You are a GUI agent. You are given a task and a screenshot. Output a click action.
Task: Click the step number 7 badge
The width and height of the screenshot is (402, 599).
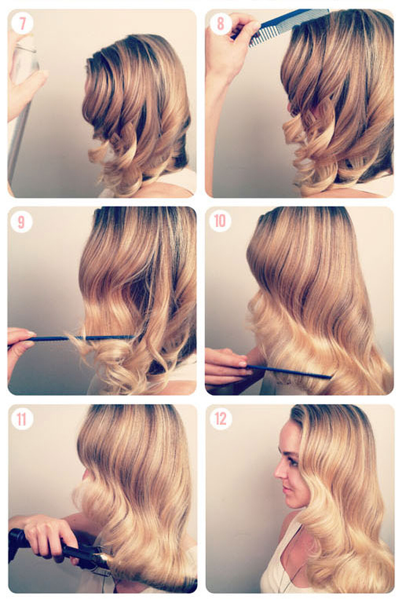coord(22,24)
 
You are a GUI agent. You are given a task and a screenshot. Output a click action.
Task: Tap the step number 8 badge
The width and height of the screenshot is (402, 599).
coord(220,24)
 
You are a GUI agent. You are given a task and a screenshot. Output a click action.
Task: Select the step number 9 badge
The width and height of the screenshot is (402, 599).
coord(21,222)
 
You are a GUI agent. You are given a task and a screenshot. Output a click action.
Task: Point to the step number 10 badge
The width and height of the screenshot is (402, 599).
coord(220,221)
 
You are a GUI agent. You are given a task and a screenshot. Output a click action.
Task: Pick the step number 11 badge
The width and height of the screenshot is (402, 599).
coord(22,419)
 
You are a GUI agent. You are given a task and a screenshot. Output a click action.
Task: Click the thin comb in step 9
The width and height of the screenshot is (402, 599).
coord(84,338)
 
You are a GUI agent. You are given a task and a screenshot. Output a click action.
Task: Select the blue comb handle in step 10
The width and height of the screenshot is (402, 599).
coord(288,372)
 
